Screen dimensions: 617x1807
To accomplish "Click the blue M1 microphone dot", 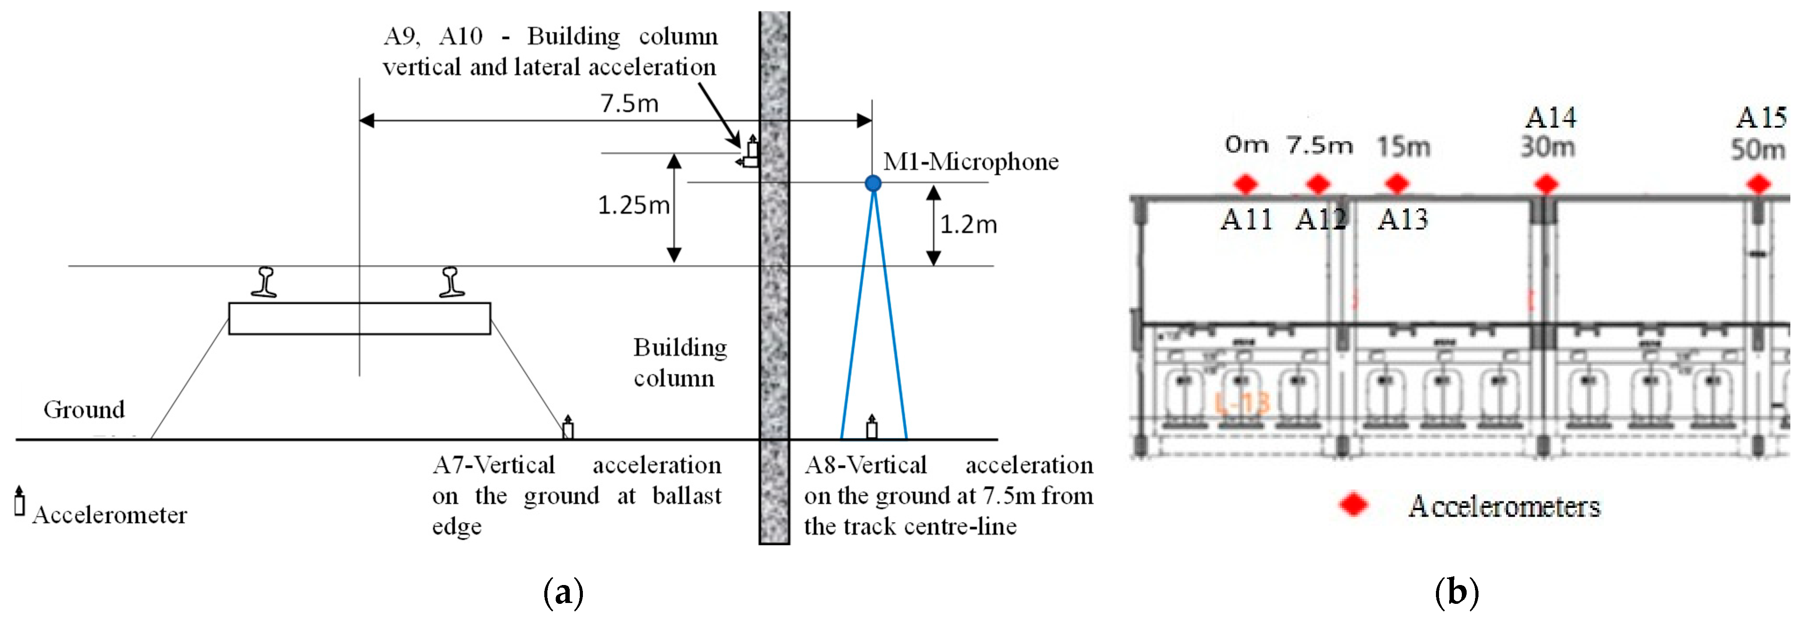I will point(873,183).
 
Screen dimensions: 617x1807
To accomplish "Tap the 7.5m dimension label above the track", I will point(629,104).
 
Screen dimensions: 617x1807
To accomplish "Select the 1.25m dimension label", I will point(633,206).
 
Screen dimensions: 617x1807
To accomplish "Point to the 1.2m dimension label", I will point(968,224).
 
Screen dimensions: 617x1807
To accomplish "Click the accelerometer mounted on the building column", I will point(751,152).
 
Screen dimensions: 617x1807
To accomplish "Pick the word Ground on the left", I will point(84,409).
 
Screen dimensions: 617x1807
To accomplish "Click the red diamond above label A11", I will point(1246,184).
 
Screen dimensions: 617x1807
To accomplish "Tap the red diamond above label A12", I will point(1318,184).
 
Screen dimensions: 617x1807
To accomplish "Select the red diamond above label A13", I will point(1396,184).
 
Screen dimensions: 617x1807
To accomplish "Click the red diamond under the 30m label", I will point(1547,184).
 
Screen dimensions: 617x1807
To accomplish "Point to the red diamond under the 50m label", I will point(1758,184).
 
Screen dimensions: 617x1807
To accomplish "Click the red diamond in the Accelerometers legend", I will point(1353,505).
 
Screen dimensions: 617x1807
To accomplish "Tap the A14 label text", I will point(1551,118).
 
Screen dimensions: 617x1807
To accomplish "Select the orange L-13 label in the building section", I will point(1242,403).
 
